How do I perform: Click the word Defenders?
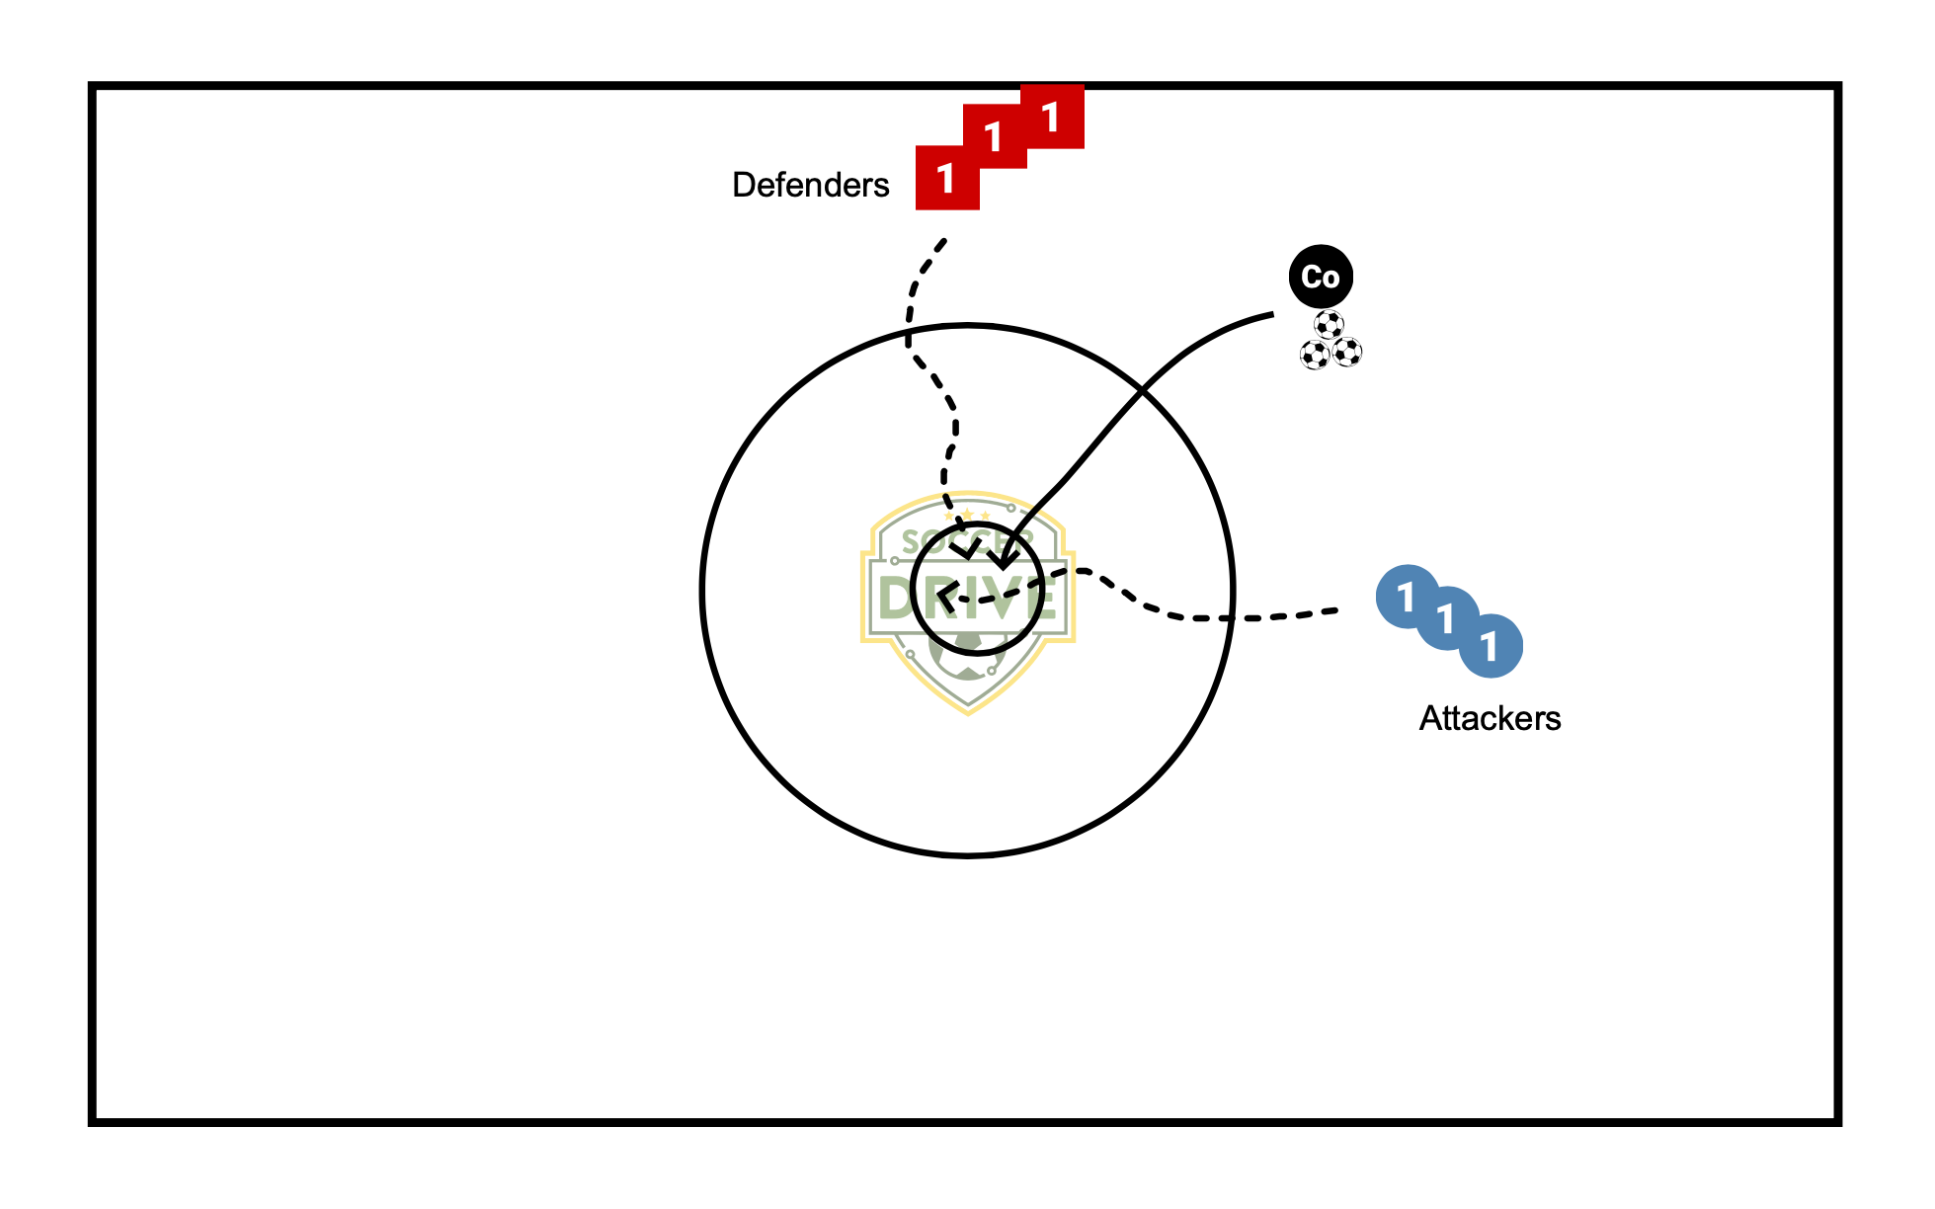point(810,185)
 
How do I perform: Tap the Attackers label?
point(1490,718)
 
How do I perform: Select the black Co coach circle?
point(1321,277)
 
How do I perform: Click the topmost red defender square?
point(1053,117)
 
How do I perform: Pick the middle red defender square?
point(995,136)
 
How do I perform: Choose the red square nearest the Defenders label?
point(946,179)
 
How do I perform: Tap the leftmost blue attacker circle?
point(1405,596)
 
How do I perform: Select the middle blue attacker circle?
point(1447,618)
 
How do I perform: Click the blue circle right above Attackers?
point(1491,647)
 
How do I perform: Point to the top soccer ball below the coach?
point(1330,325)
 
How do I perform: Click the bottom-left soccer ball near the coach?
point(1315,355)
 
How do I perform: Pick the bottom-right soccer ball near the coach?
point(1347,352)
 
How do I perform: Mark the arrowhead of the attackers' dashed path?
point(943,597)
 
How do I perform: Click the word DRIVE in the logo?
point(967,599)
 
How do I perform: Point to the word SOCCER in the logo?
point(967,540)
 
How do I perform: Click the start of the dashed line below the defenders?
point(944,240)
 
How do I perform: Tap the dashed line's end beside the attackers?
point(1335,611)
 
